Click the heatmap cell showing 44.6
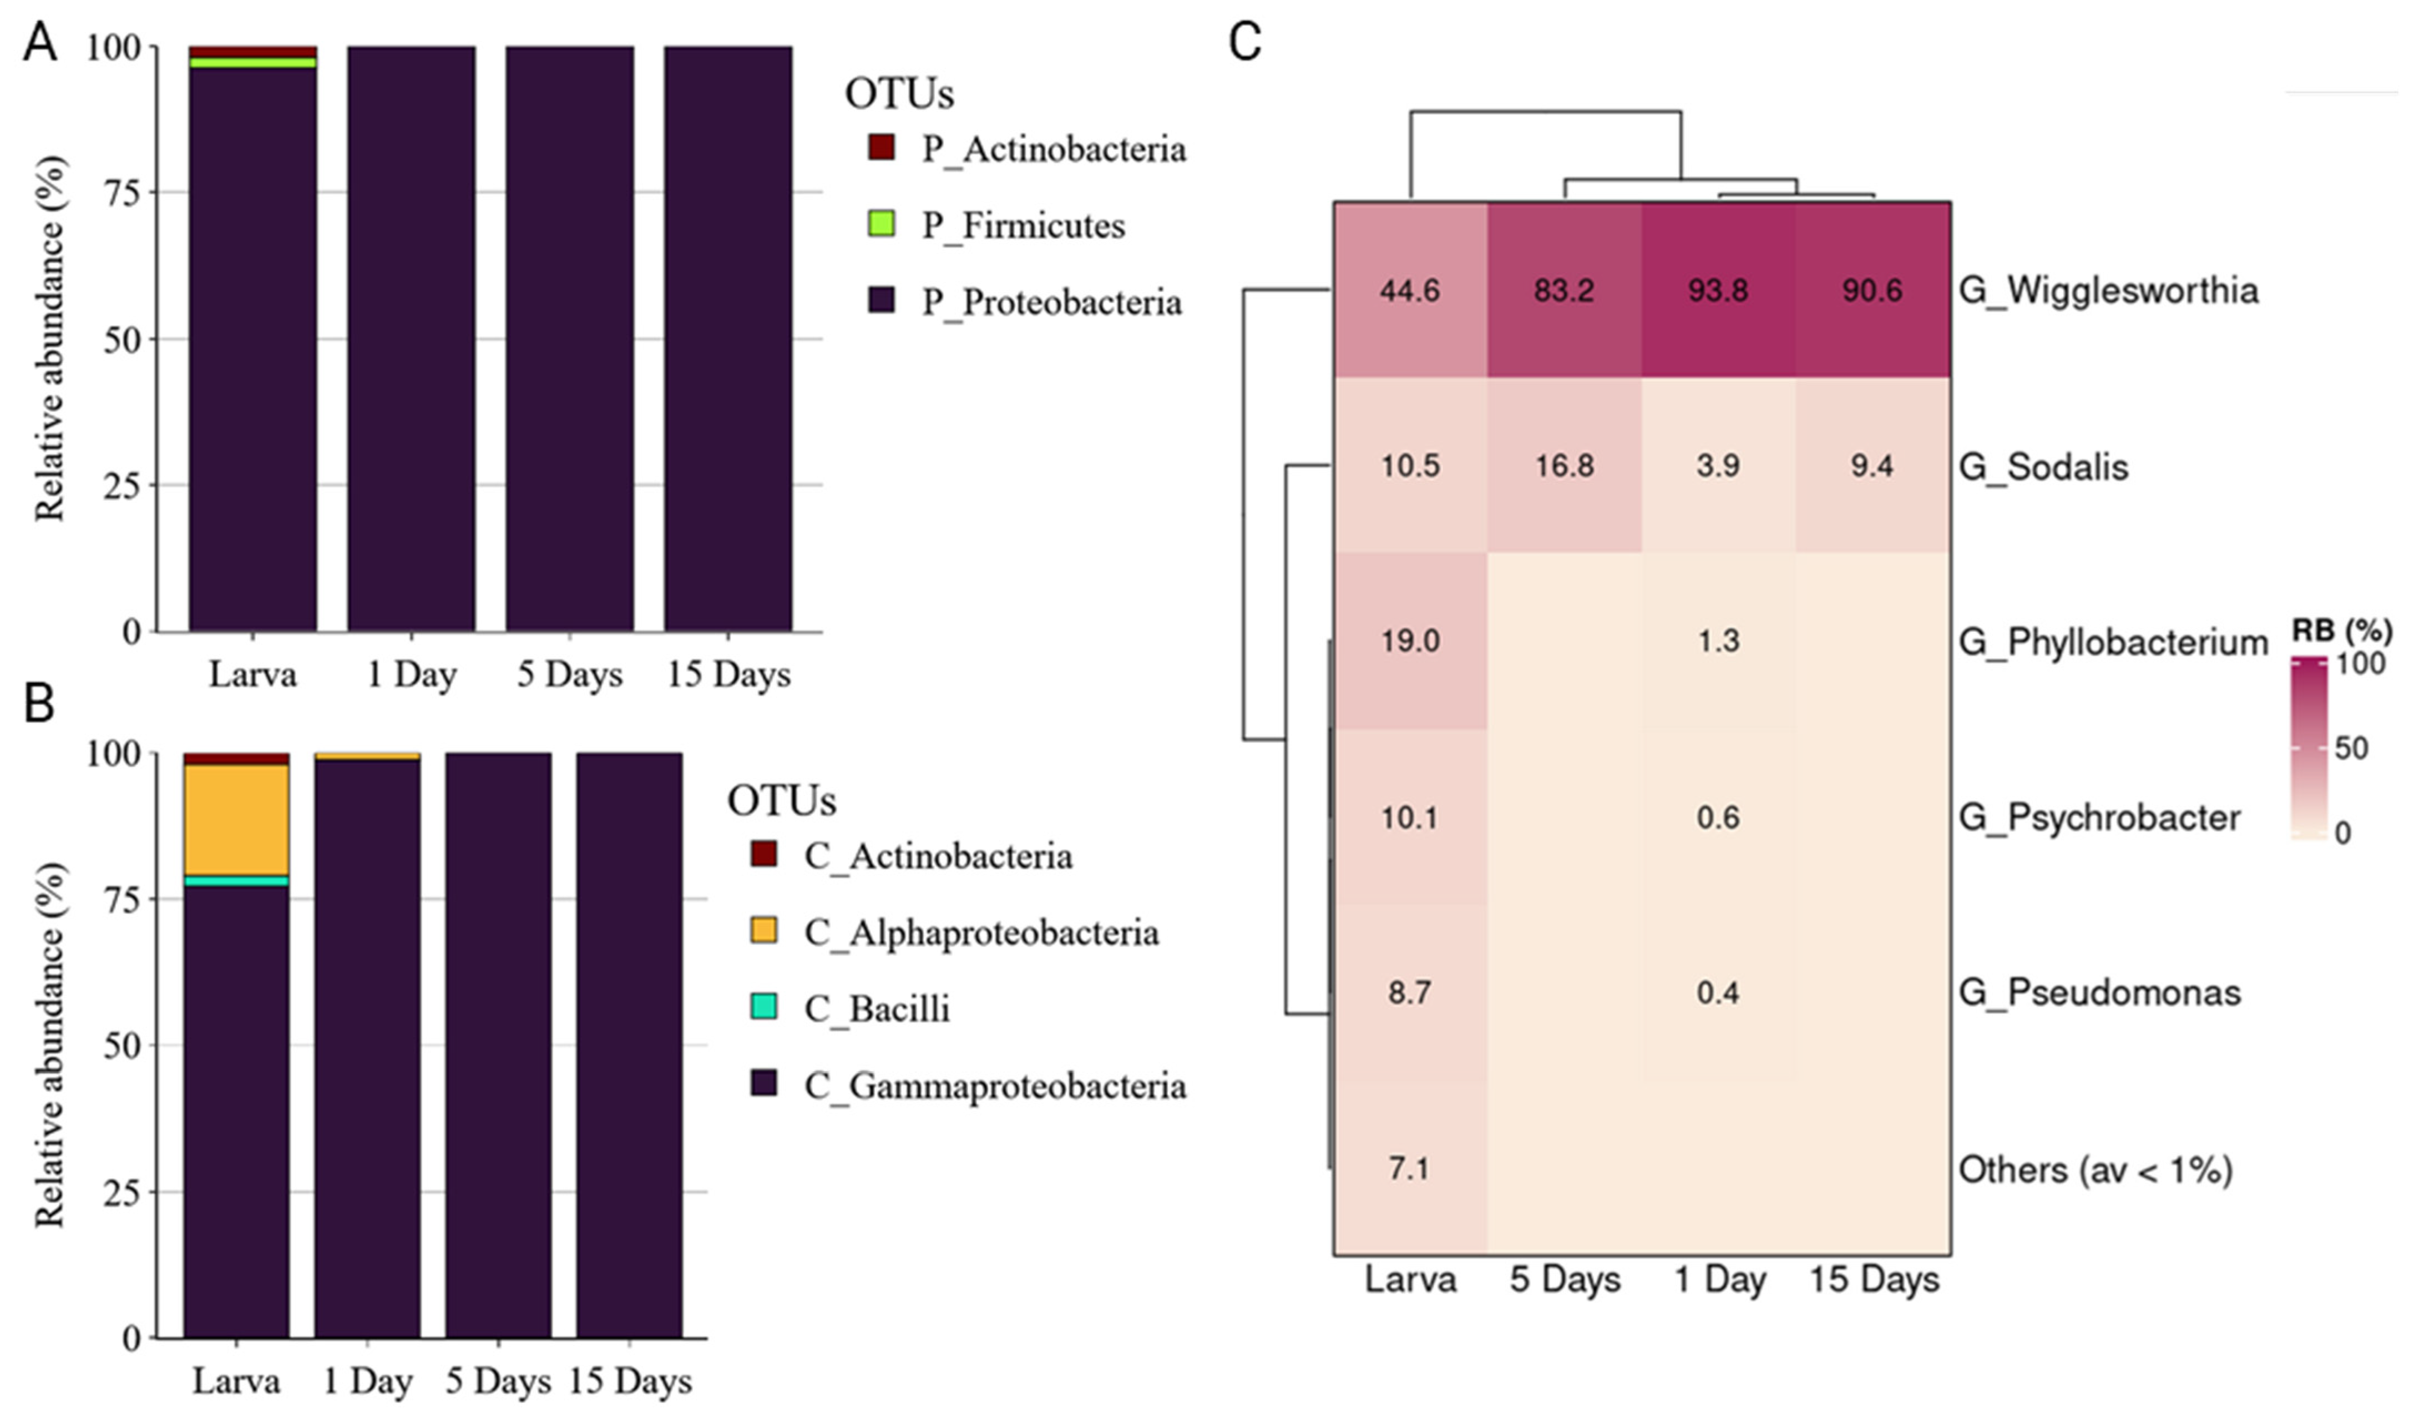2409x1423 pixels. (x=1409, y=291)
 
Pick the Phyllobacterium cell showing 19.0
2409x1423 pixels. (x=1409, y=640)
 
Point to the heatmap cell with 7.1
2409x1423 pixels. (x=1409, y=1169)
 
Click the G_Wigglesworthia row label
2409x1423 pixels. (x=2108, y=291)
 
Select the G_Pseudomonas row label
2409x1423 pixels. (x=2099, y=992)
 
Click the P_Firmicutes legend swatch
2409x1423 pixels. (x=881, y=224)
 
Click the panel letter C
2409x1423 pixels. (x=1244, y=43)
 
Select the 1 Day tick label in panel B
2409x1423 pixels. (x=367, y=1382)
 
